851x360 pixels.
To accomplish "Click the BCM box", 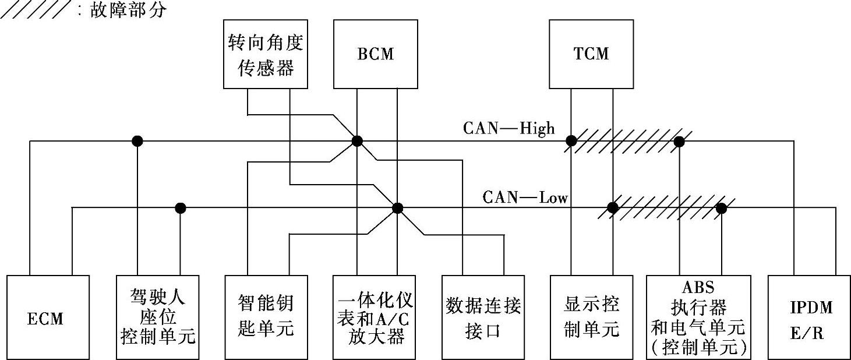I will tap(375, 54).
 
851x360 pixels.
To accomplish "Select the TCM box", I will tap(591, 54).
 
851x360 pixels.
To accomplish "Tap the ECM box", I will tap(48, 317).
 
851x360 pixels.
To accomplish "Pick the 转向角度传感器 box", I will tap(266, 54).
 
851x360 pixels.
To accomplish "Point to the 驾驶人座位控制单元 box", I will tap(158, 317).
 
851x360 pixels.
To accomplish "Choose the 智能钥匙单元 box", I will tap(266, 317).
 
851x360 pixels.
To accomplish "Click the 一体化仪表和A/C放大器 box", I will tap(375, 317).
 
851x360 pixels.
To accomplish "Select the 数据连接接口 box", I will tap(483, 317).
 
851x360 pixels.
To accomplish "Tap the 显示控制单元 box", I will tap(591, 317).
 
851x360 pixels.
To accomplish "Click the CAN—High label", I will tap(509, 128).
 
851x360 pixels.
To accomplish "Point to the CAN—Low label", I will tap(525, 197).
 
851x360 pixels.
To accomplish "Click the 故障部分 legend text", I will tap(128, 10).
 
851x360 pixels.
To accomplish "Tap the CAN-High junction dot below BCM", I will tap(357, 141).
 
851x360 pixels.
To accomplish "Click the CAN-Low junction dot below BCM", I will tap(397, 207).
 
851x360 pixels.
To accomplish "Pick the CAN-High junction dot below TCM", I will tap(571, 141).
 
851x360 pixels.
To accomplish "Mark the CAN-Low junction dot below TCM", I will tap(612, 207).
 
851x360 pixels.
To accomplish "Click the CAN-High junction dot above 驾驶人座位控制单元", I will tap(137, 141).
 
